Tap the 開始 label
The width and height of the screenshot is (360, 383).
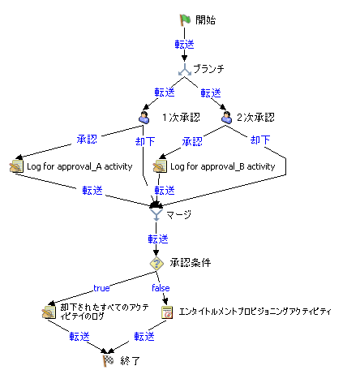[x=206, y=19]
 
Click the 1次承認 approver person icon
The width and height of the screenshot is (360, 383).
[x=144, y=117]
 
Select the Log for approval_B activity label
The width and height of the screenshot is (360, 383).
[x=223, y=167]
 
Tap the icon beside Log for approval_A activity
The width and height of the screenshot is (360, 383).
[x=16, y=167]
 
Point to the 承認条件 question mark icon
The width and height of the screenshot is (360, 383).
[x=157, y=264]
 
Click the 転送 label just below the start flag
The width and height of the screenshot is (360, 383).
[x=184, y=44]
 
